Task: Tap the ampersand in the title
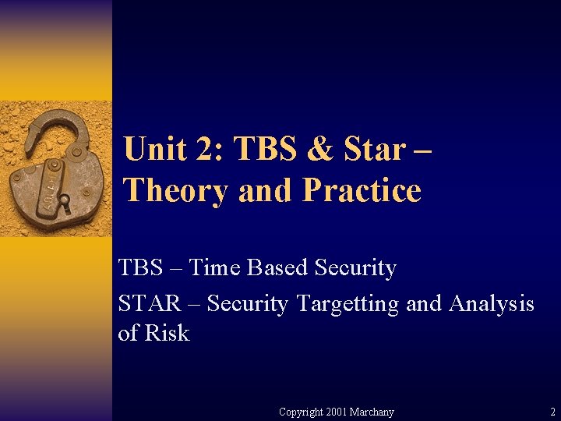tap(319, 149)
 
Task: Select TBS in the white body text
tap(141, 268)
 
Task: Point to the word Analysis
tap(491, 302)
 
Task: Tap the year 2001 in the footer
tap(338, 412)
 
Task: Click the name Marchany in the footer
tap(373, 412)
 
